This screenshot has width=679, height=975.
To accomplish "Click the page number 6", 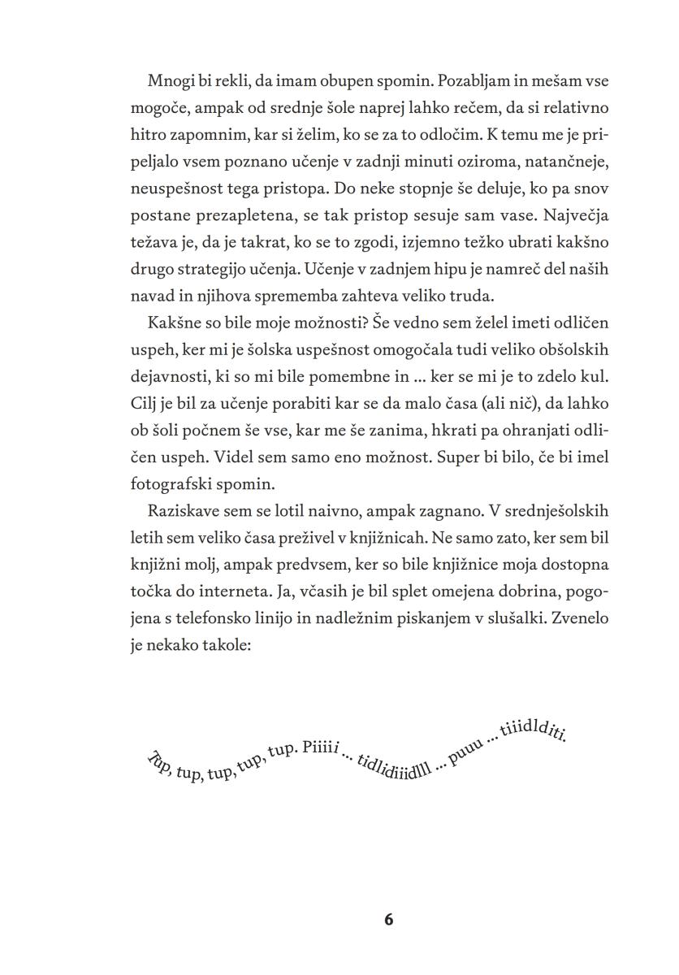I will (387, 920).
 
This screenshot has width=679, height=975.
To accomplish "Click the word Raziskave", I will (184, 511).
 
